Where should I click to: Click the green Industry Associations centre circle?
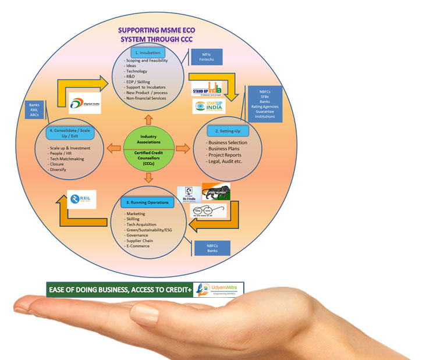pos(149,149)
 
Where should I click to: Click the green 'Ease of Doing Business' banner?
pos(120,289)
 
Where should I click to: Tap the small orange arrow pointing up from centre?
pos(149,120)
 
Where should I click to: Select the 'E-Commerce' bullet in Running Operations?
pos(137,245)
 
